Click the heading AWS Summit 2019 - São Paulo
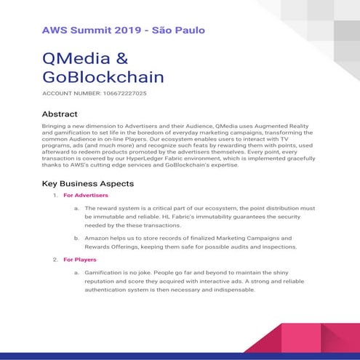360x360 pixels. pos(124,31)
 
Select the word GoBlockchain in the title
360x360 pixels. pos(103,77)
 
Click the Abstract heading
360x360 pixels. pos(60,114)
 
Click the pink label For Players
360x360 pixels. pos(80,259)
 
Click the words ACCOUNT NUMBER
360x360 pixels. pos(71,94)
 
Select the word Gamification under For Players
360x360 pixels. pos(104,272)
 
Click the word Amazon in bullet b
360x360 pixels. pos(98,238)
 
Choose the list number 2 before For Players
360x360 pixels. pos(55,259)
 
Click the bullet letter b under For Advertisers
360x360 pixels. pos(76,238)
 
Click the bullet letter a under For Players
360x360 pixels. pos(76,272)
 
